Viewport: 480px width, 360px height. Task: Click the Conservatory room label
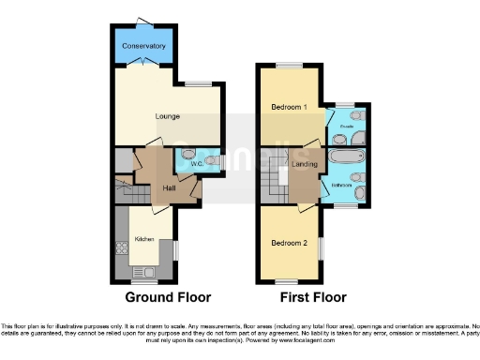[143, 46]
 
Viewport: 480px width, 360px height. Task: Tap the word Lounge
[168, 116]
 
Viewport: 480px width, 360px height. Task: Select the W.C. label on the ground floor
[197, 165]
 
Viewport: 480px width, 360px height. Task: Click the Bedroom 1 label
[289, 107]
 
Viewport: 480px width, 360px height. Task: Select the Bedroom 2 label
[289, 244]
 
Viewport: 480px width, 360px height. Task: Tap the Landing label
[306, 165]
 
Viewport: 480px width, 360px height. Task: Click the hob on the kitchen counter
[120, 249]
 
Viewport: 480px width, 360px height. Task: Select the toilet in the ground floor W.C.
[215, 162]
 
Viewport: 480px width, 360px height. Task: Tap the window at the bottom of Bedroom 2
[289, 281]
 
